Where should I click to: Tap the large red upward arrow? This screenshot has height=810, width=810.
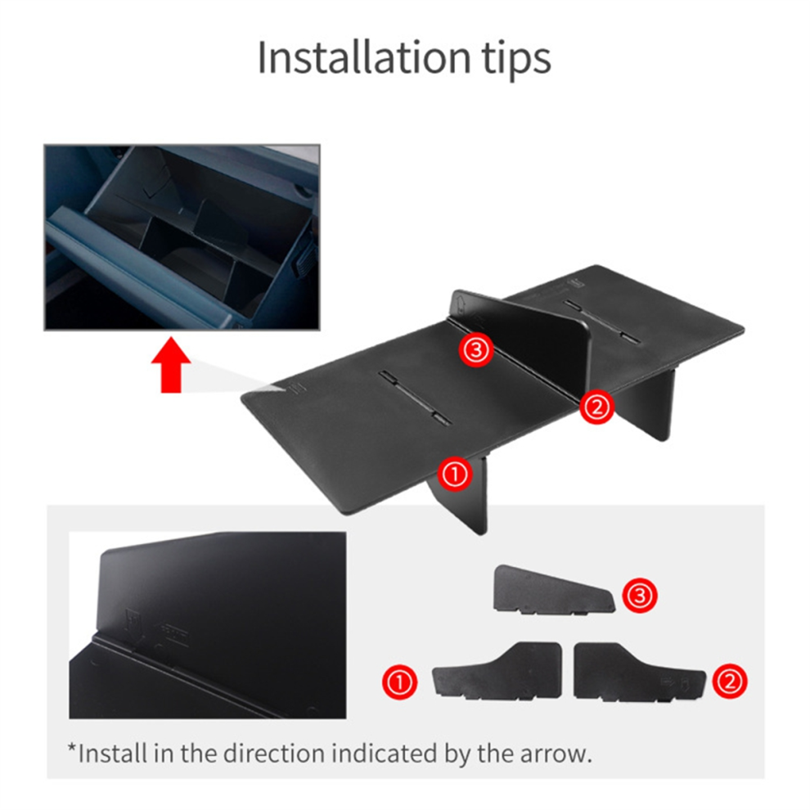171,365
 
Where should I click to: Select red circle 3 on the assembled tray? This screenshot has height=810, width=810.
475,349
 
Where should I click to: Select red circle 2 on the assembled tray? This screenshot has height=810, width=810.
596,407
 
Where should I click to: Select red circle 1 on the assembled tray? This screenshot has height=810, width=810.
455,475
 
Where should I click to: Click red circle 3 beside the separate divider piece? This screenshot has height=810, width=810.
640,596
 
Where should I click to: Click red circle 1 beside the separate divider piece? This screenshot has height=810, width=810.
400,682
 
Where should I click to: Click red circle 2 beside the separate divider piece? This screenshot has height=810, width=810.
730,682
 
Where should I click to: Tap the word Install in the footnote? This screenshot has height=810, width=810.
112,754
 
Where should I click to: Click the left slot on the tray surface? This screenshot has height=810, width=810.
414,398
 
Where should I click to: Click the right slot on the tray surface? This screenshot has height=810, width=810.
601,321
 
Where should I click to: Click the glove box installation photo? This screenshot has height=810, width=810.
182,237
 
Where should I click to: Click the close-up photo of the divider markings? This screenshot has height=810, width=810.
208,625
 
